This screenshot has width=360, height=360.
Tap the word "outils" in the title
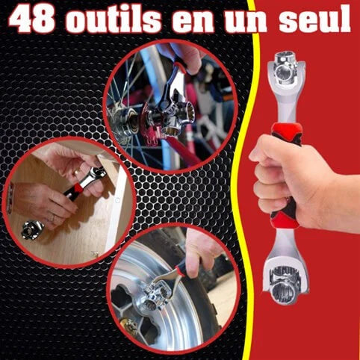pos(113,19)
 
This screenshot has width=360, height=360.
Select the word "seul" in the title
pos(315,18)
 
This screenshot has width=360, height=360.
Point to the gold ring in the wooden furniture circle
pos(77,173)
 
